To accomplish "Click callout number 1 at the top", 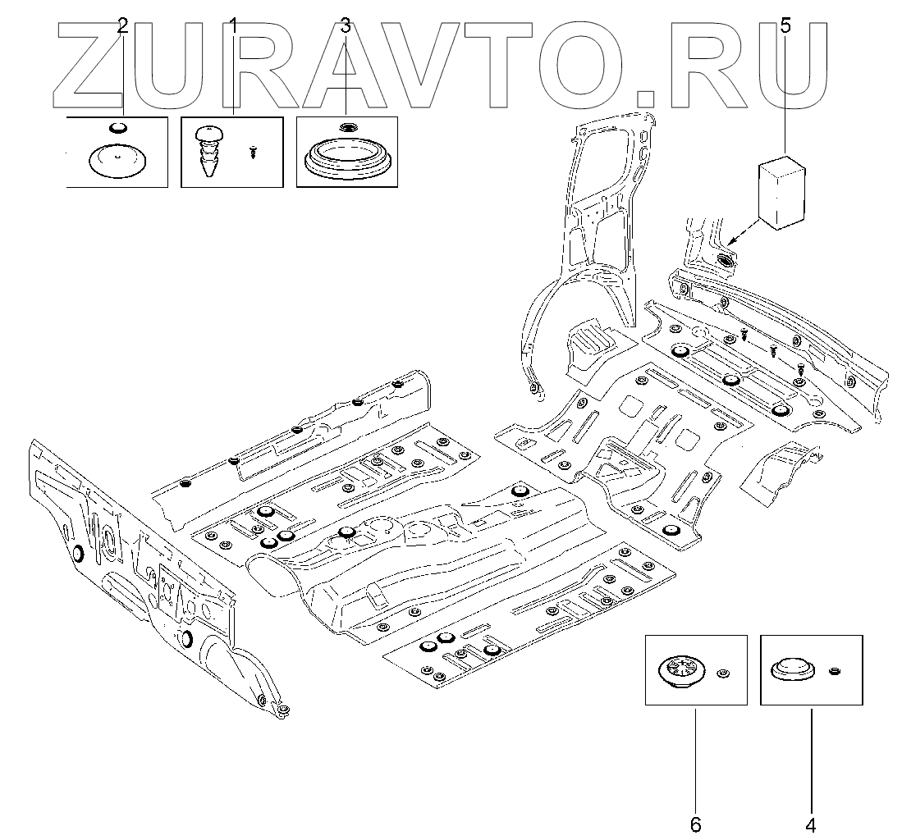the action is click(232, 25).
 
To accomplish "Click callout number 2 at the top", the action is click(123, 25).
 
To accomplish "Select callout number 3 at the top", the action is click(346, 25).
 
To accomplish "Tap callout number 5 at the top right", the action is click(785, 25).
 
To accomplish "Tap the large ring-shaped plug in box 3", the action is click(346, 156).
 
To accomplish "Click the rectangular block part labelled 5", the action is click(781, 189).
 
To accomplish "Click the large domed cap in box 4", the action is click(793, 669).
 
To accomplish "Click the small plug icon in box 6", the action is click(722, 673).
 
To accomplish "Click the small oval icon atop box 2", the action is click(118, 127).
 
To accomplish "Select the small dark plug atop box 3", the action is click(346, 127).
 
